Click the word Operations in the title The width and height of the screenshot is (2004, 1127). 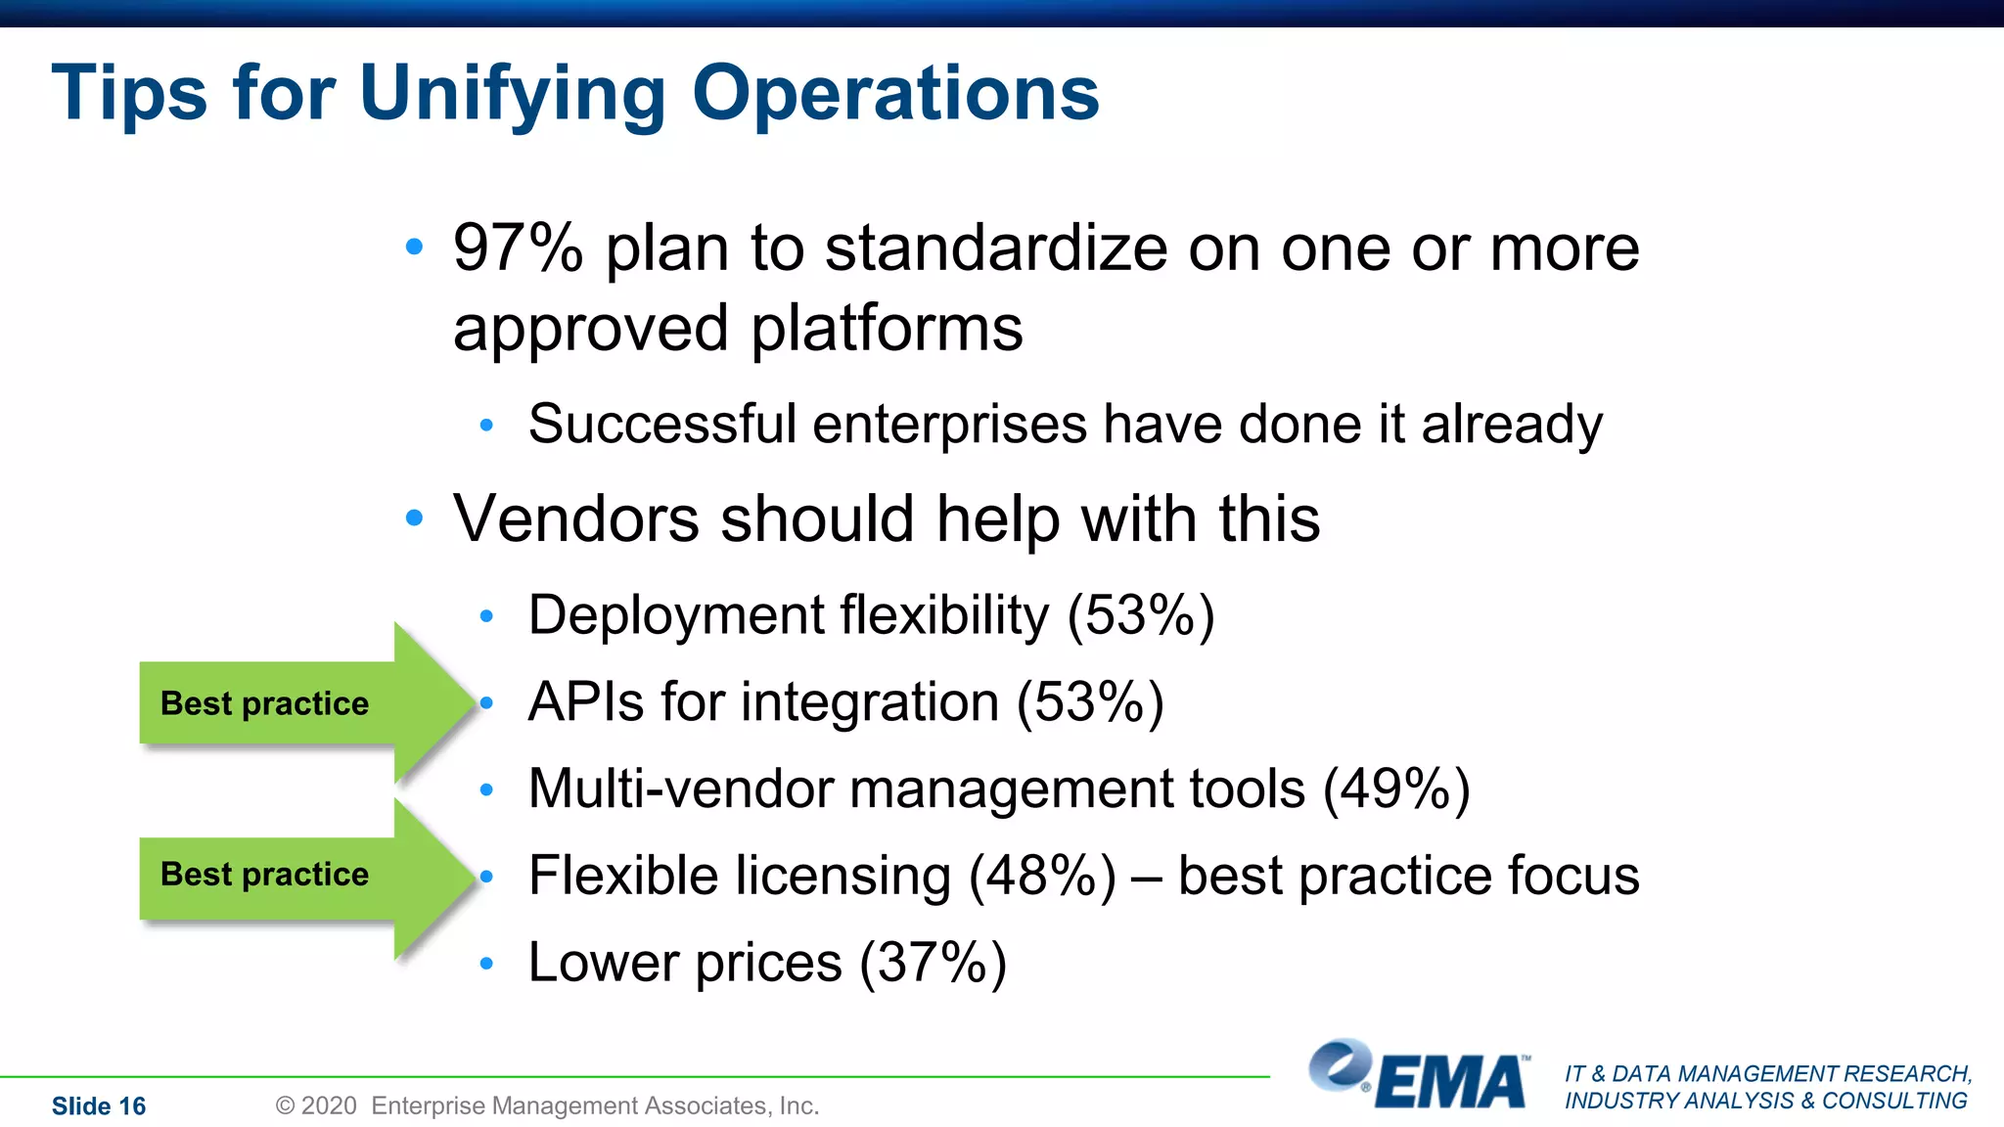click(895, 94)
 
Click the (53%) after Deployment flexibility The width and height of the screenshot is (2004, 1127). click(1141, 615)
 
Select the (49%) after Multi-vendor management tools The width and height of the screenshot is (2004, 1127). click(1396, 789)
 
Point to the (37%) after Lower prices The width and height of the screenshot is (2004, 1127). click(933, 963)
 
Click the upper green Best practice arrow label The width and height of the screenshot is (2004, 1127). click(264, 703)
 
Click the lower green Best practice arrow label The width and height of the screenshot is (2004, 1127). click(264, 874)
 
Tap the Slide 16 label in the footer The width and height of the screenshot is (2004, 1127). click(99, 1106)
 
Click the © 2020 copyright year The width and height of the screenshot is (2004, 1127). click(316, 1106)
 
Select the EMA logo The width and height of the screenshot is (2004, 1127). click(1419, 1077)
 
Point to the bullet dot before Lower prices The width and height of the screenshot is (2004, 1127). click(487, 965)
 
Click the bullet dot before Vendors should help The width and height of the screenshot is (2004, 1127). click(415, 518)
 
